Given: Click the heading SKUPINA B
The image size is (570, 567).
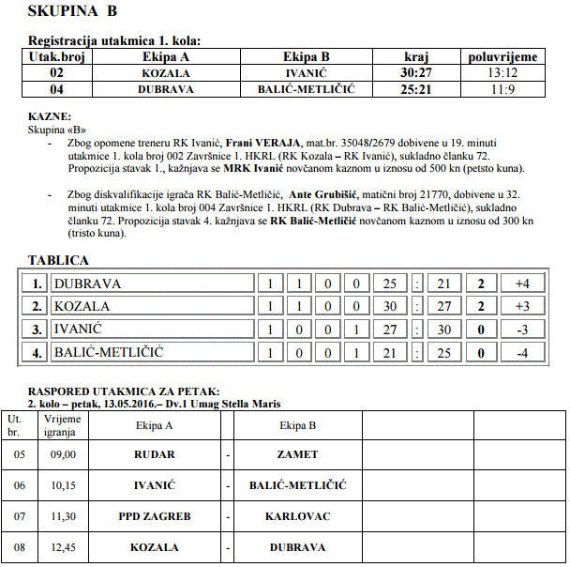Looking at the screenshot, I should click(73, 11).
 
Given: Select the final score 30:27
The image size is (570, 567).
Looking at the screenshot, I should click(415, 72).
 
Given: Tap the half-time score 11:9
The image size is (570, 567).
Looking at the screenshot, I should click(502, 88).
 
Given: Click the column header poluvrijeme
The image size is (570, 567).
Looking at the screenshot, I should click(502, 57).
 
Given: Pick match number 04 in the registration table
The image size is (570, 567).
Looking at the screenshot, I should click(57, 88).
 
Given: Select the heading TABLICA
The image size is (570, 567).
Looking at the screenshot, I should click(58, 260).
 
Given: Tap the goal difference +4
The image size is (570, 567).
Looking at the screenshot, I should click(522, 283).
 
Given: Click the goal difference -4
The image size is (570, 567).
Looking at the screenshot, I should click(522, 353).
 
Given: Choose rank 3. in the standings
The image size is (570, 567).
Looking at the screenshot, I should click(37, 329).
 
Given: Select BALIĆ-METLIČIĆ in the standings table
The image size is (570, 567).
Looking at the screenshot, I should click(109, 353).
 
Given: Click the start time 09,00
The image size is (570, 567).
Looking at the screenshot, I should click(62, 454).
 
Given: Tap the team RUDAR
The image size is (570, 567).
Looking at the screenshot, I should click(155, 454).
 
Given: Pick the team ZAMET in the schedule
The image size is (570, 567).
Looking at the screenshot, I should click(297, 454).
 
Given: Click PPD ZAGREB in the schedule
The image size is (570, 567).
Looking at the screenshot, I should click(155, 516).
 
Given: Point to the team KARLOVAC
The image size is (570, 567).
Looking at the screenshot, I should click(297, 516).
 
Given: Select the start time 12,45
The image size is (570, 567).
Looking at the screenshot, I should click(62, 547).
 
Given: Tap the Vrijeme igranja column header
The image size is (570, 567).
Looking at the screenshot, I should click(62, 425).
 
